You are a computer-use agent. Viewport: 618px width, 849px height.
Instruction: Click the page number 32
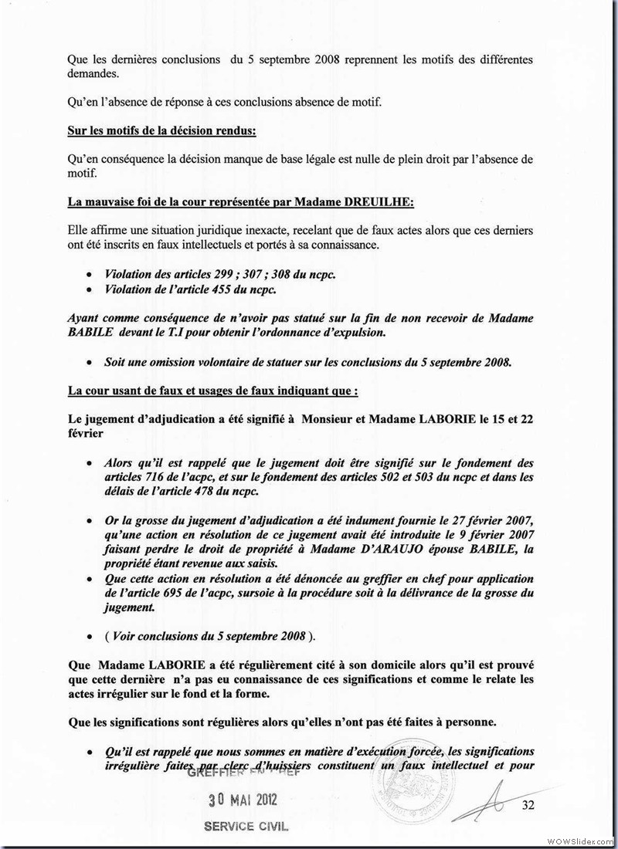pos(529,807)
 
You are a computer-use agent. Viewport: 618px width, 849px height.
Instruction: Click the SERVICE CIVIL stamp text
pos(245,826)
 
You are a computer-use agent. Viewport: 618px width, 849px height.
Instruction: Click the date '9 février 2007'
pos(491,534)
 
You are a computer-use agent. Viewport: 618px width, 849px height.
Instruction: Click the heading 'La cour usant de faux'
pos(213,391)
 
